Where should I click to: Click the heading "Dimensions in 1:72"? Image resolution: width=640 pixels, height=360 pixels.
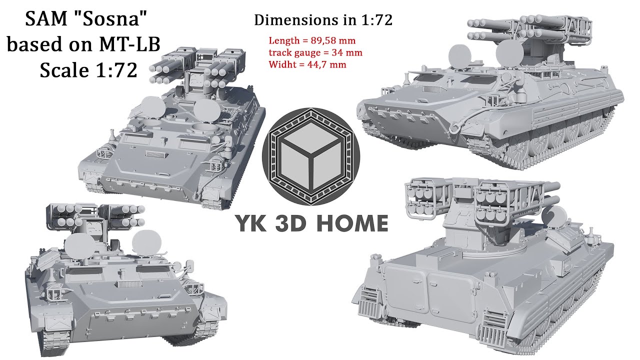323,20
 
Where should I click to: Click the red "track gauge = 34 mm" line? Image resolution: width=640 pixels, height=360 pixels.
315,52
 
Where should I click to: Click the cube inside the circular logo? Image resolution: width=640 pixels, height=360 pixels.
310,154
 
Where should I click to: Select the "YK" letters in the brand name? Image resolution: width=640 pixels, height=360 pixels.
253,223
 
